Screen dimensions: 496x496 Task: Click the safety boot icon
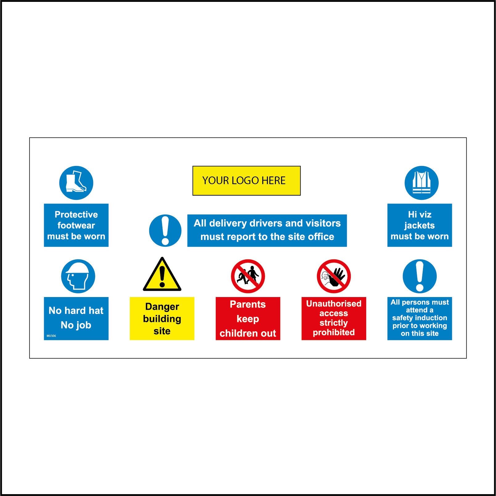click(76, 183)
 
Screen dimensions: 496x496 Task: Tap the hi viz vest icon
click(421, 183)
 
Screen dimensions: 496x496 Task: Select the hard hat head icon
click(78, 276)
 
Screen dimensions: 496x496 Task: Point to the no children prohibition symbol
click(248, 276)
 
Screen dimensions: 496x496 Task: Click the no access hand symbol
click(334, 276)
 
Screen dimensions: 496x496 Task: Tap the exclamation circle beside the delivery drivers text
click(165, 230)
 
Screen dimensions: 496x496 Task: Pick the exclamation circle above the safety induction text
click(420, 276)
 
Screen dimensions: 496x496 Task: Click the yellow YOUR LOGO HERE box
click(246, 181)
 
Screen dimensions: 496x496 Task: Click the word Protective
click(76, 214)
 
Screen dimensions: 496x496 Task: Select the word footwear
click(76, 225)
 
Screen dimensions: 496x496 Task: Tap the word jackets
click(420, 225)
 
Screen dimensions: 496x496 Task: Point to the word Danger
click(162, 307)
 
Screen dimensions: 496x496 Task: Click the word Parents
click(248, 304)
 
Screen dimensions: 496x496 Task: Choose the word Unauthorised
click(334, 304)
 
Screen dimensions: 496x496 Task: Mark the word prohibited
click(334, 332)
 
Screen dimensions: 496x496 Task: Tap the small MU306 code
click(51, 336)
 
